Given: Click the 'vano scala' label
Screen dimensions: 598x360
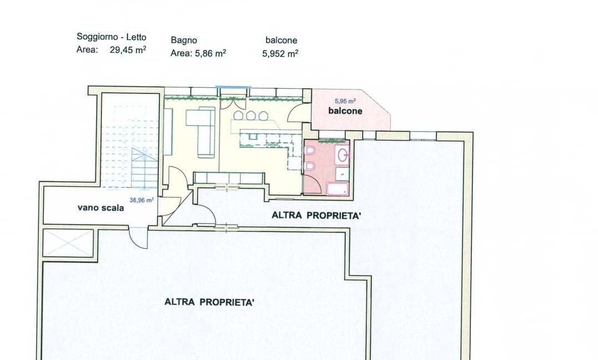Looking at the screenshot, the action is [100, 208].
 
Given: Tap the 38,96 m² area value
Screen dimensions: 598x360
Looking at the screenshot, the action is [142, 199].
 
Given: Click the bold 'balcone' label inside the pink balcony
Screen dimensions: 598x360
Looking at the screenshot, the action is [345, 111].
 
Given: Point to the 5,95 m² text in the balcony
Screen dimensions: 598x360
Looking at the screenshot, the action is [345, 101].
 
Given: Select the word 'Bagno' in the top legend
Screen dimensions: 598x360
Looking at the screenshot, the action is [184, 41].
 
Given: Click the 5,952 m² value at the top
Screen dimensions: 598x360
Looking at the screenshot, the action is [280, 54].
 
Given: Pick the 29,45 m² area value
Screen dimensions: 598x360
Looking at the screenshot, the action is [128, 50].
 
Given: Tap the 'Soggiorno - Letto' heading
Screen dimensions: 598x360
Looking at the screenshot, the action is [112, 37].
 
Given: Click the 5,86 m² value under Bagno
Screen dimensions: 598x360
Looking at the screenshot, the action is [210, 53].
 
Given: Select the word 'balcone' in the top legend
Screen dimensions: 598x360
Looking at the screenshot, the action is [282, 40].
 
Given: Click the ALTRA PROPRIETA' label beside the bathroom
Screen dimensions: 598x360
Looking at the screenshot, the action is [316, 216].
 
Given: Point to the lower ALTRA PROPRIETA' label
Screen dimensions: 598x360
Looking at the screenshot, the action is [209, 302].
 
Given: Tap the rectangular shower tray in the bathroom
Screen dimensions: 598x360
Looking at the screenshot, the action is [338, 188].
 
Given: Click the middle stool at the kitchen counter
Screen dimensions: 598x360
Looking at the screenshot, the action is [250, 115].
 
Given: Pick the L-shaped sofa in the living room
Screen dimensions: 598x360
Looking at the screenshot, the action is [205, 132].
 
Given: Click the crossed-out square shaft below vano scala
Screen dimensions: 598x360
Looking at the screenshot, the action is [68, 243].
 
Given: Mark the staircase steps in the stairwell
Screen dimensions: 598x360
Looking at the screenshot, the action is [145, 168].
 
